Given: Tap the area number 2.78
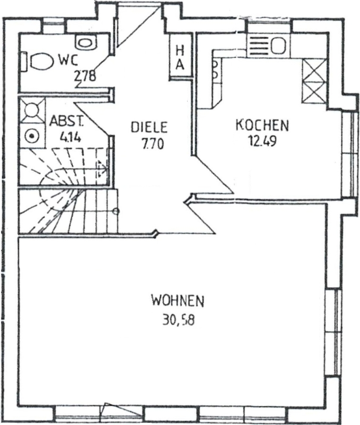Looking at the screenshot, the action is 85,76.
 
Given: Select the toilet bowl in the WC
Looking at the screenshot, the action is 41,62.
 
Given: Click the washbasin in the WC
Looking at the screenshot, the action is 86,43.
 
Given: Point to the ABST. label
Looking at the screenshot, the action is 67,121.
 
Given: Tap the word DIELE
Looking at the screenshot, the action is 149,127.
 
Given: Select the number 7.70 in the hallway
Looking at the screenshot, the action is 153,144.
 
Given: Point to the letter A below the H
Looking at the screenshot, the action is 180,65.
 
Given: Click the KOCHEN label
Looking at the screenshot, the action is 262,125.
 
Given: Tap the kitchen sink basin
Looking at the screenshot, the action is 279,45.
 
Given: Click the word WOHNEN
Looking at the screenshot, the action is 178,301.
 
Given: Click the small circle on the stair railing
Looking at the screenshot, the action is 116,211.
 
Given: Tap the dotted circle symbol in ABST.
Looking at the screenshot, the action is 32,136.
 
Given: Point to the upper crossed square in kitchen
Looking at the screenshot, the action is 315,70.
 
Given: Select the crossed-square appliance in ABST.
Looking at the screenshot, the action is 32,110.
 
